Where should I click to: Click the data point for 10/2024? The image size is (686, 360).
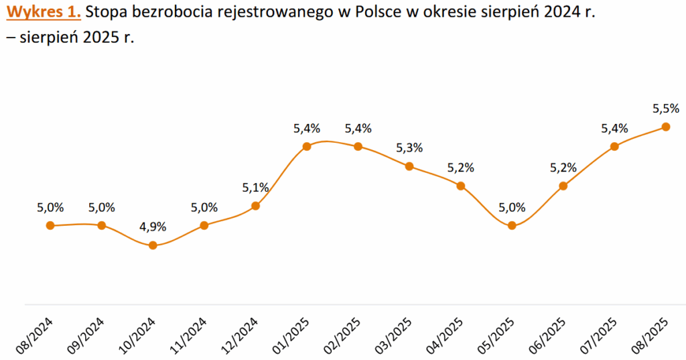pyautogui.click(x=153, y=245)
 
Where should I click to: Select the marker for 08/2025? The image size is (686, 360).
pyautogui.click(x=665, y=127)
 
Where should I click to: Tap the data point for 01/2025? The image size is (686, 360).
pyautogui.click(x=307, y=146)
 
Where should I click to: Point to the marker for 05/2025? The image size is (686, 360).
pyautogui.click(x=512, y=225)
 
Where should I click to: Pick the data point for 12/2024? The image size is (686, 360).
pyautogui.click(x=255, y=206)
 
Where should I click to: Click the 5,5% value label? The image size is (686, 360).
pyautogui.click(x=665, y=109)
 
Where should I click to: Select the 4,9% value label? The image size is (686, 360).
pyautogui.click(x=153, y=227)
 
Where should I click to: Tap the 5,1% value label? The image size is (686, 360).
pyautogui.click(x=255, y=188)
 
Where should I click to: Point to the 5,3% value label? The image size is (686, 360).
pyautogui.click(x=409, y=148)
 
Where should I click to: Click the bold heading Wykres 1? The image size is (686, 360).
pyautogui.click(x=44, y=13)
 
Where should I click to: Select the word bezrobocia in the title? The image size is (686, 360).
pyautogui.click(x=171, y=13)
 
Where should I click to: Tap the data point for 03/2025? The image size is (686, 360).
pyautogui.click(x=409, y=166)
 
